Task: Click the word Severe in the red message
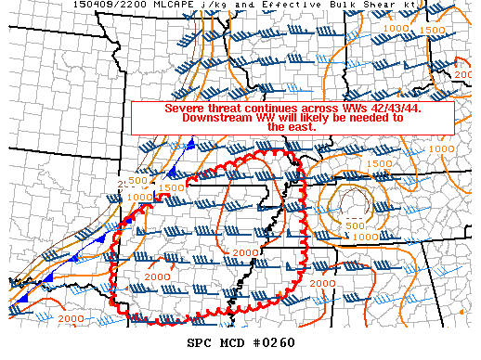[186, 108]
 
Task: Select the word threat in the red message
[229, 108]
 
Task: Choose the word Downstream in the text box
[220, 118]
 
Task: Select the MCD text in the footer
[232, 342]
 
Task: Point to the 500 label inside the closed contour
[354, 225]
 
